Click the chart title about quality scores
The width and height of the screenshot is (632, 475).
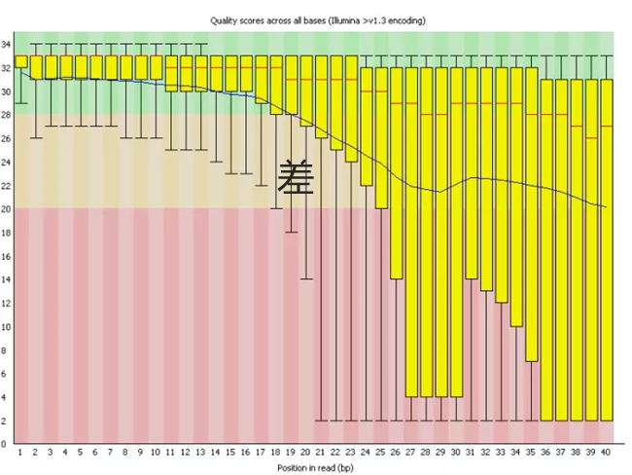pyautogui.click(x=316, y=19)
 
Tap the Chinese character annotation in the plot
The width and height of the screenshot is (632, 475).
pyautogui.click(x=296, y=178)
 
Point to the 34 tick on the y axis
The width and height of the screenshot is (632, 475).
pyautogui.click(x=7, y=45)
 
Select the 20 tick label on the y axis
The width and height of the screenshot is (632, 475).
pyautogui.click(x=7, y=209)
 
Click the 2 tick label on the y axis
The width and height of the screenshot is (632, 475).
pyautogui.click(x=9, y=420)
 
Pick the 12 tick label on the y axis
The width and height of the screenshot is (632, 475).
pyautogui.click(x=7, y=303)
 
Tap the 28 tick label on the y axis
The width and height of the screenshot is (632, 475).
pyautogui.click(x=7, y=115)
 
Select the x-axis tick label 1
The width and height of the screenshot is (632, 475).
pyautogui.click(x=20, y=453)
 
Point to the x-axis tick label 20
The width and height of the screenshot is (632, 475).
pyautogui.click(x=306, y=453)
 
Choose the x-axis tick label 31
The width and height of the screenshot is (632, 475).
pyautogui.click(x=472, y=453)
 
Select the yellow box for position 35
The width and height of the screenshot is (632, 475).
pyautogui.click(x=532, y=214)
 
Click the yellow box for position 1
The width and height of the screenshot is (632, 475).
pyautogui.click(x=20, y=61)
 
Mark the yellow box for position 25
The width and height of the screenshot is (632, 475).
pyautogui.click(x=382, y=137)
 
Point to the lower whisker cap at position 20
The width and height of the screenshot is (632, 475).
pyautogui.click(x=306, y=278)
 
